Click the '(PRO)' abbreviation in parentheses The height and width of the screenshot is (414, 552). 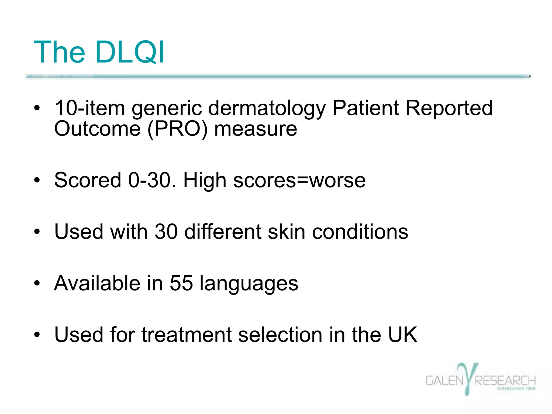coord(178,129)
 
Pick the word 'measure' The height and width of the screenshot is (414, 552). coord(256,129)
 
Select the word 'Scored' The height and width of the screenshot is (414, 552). coord(88,180)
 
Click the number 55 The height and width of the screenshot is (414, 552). coord(181,283)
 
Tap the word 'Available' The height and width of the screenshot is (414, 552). coord(97,283)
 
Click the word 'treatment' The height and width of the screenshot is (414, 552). coord(187,335)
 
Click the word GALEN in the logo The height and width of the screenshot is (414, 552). coord(444,381)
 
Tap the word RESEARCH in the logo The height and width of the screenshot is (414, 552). coord(505,381)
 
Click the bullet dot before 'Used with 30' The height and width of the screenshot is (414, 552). coord(37,232)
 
